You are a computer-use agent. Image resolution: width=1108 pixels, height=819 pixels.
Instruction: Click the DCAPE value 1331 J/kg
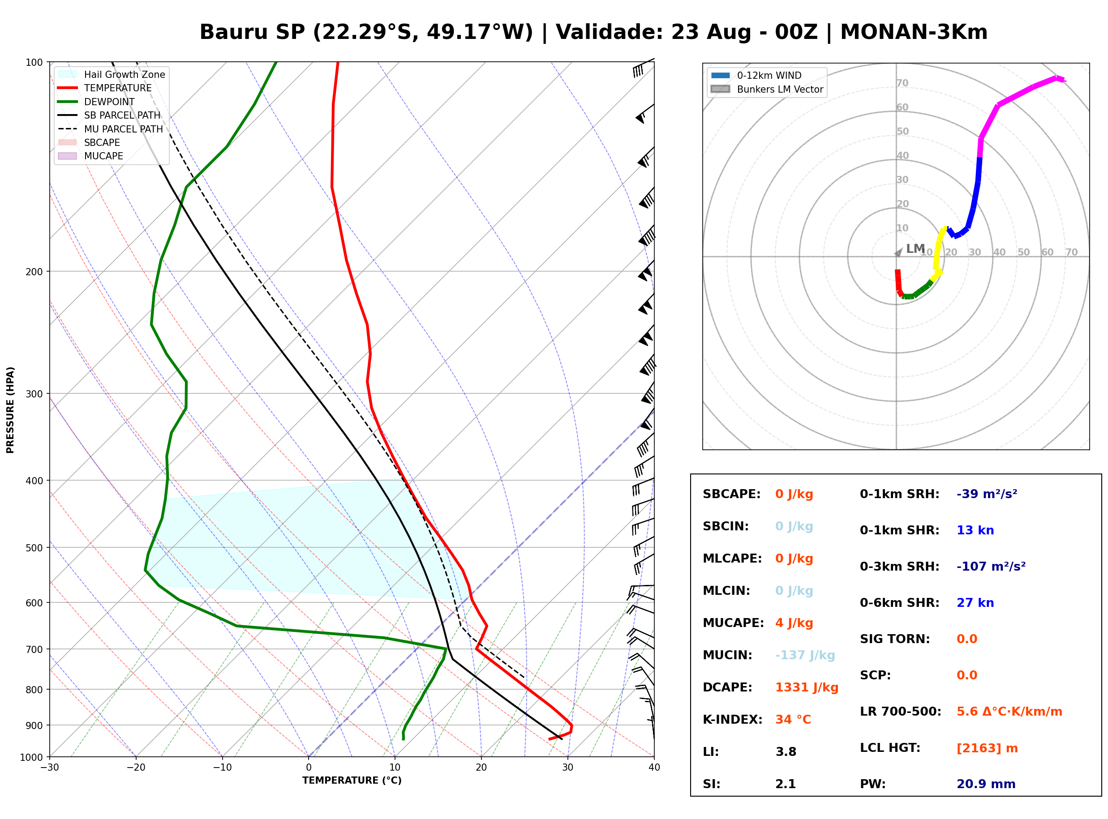(807, 687)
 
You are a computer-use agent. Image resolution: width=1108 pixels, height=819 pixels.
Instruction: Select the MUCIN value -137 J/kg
(805, 655)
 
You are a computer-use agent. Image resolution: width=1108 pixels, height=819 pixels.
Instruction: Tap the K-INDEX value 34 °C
(793, 720)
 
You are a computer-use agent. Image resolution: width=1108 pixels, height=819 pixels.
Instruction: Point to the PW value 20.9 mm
(986, 784)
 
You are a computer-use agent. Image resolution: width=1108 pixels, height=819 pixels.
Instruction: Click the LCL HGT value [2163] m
(987, 748)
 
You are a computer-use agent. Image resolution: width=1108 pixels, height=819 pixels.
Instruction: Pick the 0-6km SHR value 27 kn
(975, 603)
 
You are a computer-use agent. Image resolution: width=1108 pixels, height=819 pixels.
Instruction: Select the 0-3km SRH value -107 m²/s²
(991, 567)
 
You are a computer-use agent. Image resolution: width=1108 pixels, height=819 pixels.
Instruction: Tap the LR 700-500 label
(901, 712)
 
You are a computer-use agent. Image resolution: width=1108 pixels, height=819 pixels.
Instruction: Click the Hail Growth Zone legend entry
(112, 74)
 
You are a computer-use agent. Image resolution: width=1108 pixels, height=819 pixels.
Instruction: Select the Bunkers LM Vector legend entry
(767, 89)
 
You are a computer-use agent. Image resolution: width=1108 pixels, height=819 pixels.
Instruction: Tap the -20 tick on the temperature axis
(136, 767)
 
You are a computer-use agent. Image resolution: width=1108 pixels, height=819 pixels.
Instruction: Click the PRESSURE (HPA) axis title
(10, 409)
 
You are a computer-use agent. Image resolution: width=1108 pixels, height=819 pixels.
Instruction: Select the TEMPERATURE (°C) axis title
(352, 781)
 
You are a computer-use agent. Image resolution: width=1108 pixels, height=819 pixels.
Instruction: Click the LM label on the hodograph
(915, 248)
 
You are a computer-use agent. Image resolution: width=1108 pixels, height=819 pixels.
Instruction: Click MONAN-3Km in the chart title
(914, 32)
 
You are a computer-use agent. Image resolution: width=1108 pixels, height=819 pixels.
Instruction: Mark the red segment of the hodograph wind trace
(898, 282)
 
